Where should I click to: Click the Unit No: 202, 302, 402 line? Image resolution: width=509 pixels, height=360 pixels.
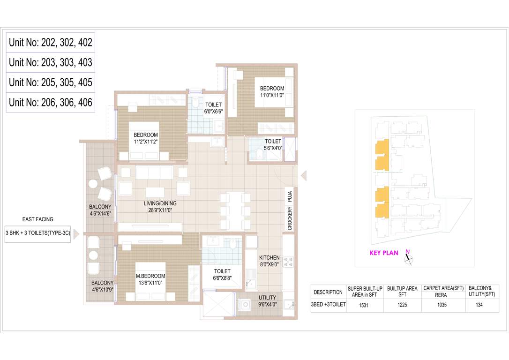coord(51,43)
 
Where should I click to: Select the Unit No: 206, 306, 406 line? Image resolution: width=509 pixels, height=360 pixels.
coord(51,102)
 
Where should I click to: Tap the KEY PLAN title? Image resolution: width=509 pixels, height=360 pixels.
coord(384,253)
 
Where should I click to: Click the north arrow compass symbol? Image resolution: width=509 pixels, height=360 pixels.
coord(409,258)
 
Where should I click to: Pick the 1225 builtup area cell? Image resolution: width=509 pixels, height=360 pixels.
coord(402,305)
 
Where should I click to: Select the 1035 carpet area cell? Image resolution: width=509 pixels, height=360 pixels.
coord(442,305)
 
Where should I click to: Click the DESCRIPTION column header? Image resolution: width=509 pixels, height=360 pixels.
coord(328,292)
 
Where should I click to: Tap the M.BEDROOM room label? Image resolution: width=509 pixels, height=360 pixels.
coord(150,279)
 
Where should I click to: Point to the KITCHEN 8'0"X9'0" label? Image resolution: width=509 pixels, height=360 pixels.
coord(269,261)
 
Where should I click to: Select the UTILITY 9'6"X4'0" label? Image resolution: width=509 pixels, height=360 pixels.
coord(267,301)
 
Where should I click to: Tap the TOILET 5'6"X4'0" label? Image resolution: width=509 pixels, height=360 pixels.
coord(273,144)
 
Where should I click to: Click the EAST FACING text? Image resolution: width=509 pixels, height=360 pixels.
coord(38,219)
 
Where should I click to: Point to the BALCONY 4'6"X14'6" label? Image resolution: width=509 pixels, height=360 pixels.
coord(100,210)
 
